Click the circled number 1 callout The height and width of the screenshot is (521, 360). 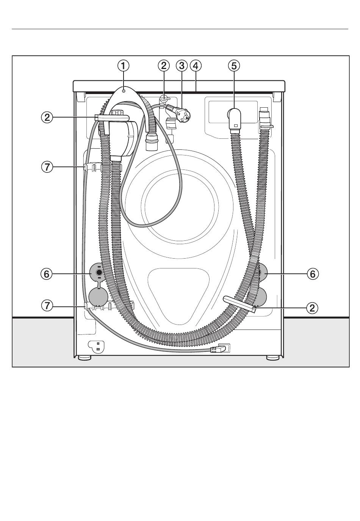click(x=123, y=66)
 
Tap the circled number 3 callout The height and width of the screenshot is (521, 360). click(x=182, y=66)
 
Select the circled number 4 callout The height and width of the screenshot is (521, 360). click(x=196, y=66)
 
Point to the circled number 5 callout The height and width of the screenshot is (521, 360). click(x=234, y=66)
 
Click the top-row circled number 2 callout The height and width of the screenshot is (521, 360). click(x=164, y=66)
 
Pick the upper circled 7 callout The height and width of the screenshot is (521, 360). click(x=47, y=167)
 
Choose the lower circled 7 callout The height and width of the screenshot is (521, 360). click(x=47, y=305)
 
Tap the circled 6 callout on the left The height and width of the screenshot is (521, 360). click(x=47, y=274)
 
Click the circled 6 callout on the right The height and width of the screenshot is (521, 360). click(x=313, y=274)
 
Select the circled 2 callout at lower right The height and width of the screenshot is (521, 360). click(x=312, y=308)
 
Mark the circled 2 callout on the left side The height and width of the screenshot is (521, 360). click(x=47, y=118)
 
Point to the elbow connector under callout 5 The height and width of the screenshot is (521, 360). click(x=235, y=119)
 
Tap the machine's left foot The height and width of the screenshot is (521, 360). click(x=85, y=358)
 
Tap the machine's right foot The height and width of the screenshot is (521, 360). click(x=273, y=358)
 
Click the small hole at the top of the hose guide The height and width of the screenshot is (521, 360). click(x=124, y=91)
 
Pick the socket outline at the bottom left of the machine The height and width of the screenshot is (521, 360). click(x=96, y=346)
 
